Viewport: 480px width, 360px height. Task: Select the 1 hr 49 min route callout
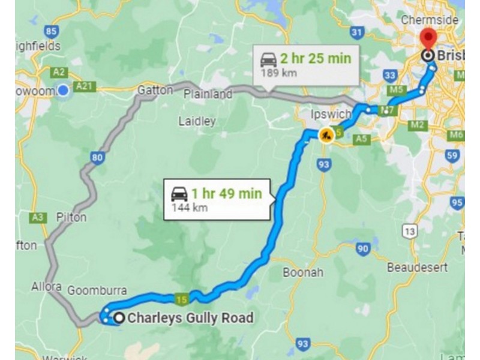(219, 199)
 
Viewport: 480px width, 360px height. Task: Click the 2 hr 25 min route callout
(305, 64)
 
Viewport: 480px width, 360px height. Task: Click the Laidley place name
(197, 121)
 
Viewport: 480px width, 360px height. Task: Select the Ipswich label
(326, 114)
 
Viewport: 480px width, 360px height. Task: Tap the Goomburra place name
(97, 291)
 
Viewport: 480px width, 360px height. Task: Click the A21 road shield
(86, 87)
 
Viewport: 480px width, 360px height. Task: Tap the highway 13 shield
(410, 230)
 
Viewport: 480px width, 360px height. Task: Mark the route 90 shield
(362, 248)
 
